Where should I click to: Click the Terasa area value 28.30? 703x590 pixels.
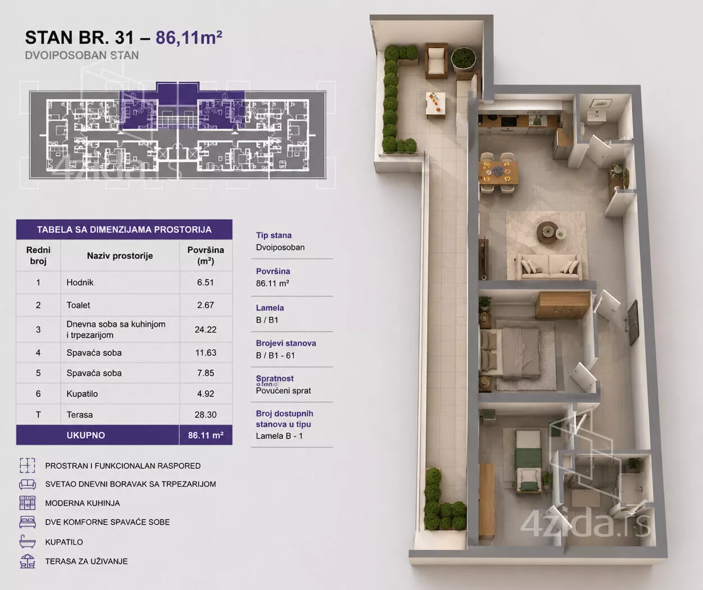[205, 415]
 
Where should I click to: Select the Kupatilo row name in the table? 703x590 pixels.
[82, 394]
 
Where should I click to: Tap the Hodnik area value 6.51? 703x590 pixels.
[205, 282]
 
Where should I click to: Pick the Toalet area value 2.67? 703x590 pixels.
[205, 305]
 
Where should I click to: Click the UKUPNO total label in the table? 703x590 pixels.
[86, 435]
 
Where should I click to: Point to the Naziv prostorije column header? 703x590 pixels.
[120, 256]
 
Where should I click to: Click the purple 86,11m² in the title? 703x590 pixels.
[189, 38]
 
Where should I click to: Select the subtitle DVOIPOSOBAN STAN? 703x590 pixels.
[82, 55]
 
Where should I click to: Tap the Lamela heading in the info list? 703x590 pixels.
[270, 308]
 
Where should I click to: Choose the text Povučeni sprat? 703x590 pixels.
[283, 391]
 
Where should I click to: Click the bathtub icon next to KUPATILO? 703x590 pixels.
[28, 542]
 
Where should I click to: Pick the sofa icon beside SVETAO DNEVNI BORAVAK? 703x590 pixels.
[28, 484]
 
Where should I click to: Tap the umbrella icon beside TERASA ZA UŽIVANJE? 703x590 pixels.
[28, 561]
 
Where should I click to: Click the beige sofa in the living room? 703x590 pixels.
[550, 267]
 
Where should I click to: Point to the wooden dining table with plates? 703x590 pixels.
[498, 173]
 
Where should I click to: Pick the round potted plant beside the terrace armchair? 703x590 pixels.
[464, 58]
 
